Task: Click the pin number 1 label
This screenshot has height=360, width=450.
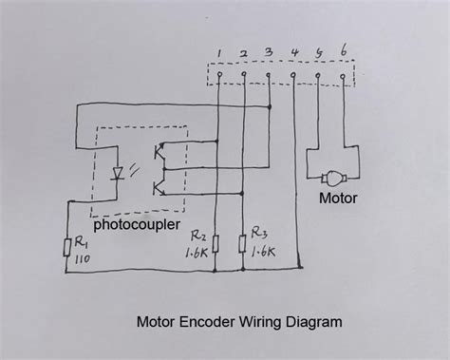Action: [219, 52]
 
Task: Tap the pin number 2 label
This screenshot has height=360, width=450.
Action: [244, 52]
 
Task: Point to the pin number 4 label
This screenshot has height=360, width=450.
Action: [295, 52]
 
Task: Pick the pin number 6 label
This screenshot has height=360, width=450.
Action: [343, 51]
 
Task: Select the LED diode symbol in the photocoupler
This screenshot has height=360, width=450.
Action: [120, 172]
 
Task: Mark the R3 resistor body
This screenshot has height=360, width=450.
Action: [244, 244]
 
